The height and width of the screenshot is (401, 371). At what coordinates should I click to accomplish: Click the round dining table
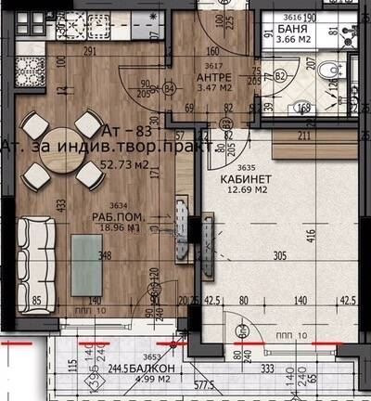61,149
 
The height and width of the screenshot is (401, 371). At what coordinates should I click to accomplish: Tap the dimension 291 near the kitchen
90,53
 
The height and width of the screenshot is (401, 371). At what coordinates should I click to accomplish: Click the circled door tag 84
169,90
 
